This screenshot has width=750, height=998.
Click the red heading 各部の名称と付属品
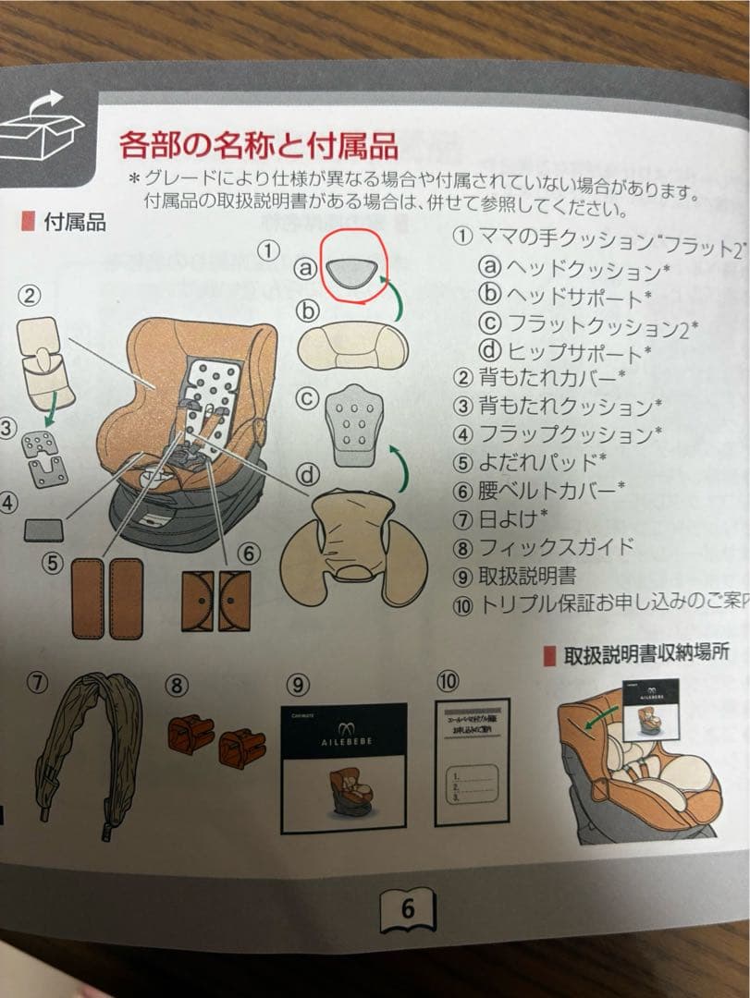pyautogui.click(x=258, y=145)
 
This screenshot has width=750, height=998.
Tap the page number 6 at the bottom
pyautogui.click(x=408, y=909)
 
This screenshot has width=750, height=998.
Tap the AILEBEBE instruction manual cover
pyautogui.click(x=342, y=762)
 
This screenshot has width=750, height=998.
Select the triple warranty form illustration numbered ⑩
pyautogui.click(x=473, y=763)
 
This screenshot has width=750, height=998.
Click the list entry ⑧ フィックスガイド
pyautogui.click(x=544, y=546)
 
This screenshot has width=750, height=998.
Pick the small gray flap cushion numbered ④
pyautogui.click(x=43, y=529)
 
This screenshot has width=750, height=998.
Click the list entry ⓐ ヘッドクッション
pyautogui.click(x=572, y=270)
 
